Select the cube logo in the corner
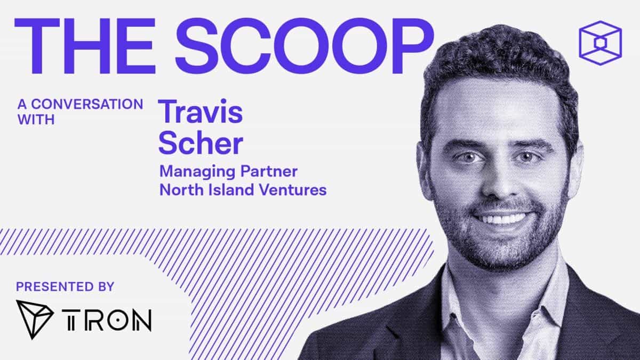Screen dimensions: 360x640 click(599, 43)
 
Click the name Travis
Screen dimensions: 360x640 click(202, 111)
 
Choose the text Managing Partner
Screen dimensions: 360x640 click(228, 172)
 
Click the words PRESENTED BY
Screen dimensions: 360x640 click(65, 287)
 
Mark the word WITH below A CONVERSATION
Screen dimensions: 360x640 click(36, 119)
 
